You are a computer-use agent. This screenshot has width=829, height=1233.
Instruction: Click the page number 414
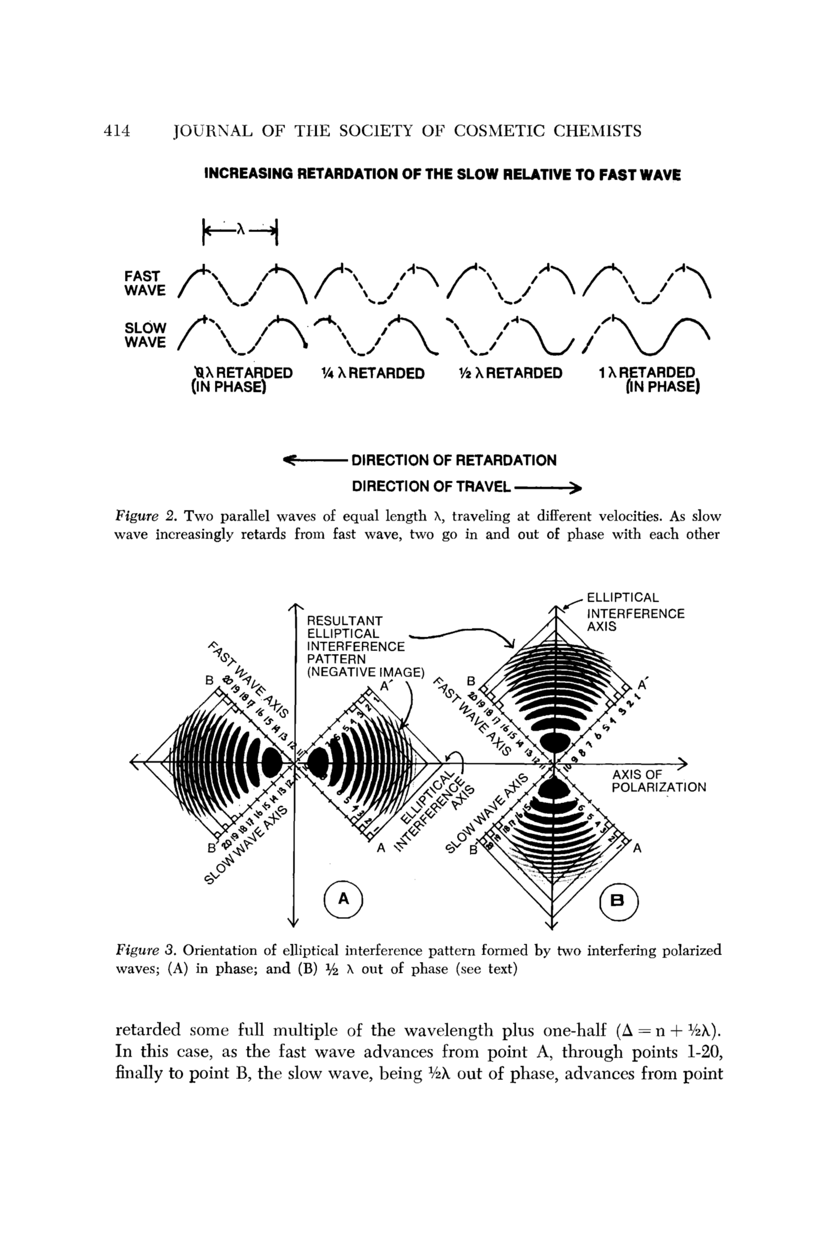(x=117, y=130)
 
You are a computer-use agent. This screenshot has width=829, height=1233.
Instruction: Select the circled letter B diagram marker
(x=619, y=901)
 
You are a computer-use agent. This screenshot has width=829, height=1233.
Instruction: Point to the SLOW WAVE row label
(x=145, y=336)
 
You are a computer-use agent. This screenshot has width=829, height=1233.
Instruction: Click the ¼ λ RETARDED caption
(x=373, y=374)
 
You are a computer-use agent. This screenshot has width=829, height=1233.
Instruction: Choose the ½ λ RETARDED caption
(x=510, y=374)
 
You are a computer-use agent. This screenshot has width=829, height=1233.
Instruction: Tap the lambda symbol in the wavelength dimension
(x=241, y=230)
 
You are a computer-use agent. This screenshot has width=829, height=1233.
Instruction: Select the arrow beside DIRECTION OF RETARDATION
(x=315, y=460)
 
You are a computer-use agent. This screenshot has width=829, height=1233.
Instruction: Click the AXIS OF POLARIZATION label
(x=658, y=781)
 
